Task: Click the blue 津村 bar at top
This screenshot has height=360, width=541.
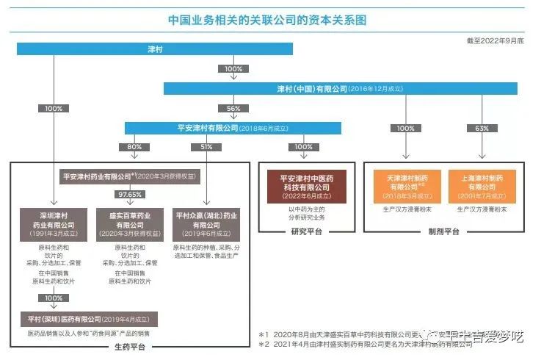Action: point(155,49)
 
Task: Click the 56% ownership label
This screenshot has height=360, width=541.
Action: point(234,108)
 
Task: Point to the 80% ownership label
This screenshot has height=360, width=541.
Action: point(134,147)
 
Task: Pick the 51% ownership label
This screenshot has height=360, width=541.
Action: point(206,147)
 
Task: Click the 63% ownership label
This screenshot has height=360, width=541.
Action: point(482,128)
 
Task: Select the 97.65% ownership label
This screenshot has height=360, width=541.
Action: point(129,194)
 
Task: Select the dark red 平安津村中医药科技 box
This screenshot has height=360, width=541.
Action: point(303,186)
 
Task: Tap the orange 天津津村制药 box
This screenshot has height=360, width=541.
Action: point(406,187)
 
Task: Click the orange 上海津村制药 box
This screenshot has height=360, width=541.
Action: point(482,187)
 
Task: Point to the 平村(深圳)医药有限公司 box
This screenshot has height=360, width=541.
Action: point(89,319)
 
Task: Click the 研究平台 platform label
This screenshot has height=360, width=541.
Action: point(302,231)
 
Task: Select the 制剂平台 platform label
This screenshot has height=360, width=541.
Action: point(444,231)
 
